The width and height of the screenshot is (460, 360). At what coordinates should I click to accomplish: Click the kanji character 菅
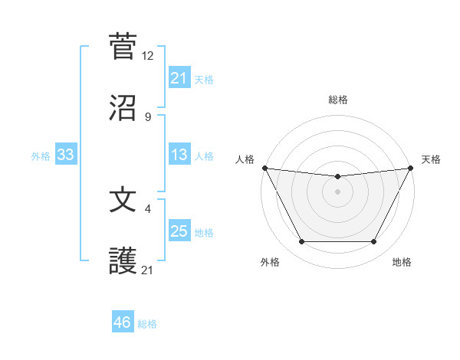pos(123,46)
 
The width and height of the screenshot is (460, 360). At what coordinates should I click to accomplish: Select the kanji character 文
pos(123,199)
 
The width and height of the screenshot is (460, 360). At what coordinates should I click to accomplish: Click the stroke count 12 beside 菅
pos(148,55)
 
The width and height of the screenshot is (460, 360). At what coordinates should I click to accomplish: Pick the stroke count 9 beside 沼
pos(148,116)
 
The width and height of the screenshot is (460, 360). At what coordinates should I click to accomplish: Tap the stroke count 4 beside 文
pos(148,208)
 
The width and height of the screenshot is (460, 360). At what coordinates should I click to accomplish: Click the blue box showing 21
pos(179,77)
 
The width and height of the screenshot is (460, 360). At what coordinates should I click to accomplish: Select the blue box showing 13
pos(179,155)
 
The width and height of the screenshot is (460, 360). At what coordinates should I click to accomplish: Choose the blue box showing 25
pos(179,231)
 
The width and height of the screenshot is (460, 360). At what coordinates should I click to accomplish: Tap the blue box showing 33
pos(65,155)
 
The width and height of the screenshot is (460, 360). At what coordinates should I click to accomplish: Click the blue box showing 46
pos(122,322)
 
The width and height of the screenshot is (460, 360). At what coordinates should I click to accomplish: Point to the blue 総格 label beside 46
pos(147,324)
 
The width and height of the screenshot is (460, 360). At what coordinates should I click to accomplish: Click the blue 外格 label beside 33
pos(41,156)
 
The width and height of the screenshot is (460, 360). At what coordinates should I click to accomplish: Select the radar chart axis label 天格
pos(431,159)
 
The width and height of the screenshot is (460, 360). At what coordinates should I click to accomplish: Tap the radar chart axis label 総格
pos(337,100)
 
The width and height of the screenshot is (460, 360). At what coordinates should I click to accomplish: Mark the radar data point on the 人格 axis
pos(264,168)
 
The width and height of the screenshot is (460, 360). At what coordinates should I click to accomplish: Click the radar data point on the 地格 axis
pos(374,242)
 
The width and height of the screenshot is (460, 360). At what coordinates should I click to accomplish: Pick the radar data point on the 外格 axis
pos(301,242)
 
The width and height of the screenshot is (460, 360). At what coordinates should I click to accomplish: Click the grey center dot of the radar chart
pos(337,191)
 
